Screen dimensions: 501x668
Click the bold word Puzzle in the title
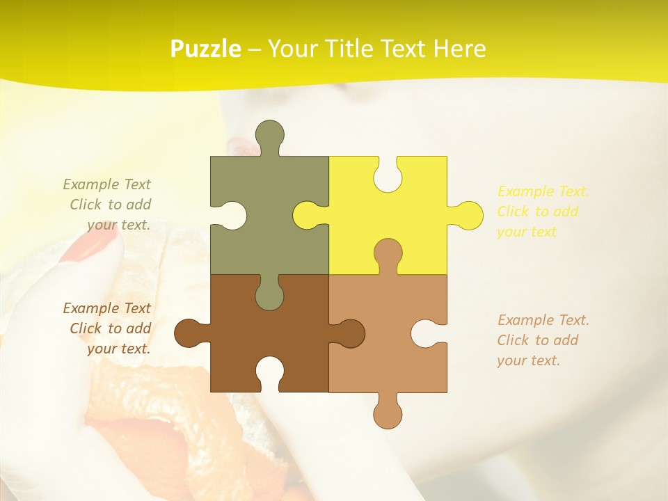pyautogui.click(x=205, y=49)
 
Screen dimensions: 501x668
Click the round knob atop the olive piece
pyautogui.click(x=269, y=135)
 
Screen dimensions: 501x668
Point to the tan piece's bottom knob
pyautogui.click(x=388, y=412)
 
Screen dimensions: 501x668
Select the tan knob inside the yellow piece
pyautogui.click(x=388, y=254)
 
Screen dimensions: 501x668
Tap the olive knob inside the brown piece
pyautogui.click(x=269, y=294)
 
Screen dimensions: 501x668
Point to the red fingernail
pyautogui.click(x=90, y=247)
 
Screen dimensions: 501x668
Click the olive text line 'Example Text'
pyautogui.click(x=106, y=184)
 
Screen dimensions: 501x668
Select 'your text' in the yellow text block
pyautogui.click(x=527, y=232)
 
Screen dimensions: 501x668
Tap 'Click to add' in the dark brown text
pyautogui.click(x=110, y=328)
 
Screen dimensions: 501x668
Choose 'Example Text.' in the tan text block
pyautogui.click(x=543, y=320)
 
